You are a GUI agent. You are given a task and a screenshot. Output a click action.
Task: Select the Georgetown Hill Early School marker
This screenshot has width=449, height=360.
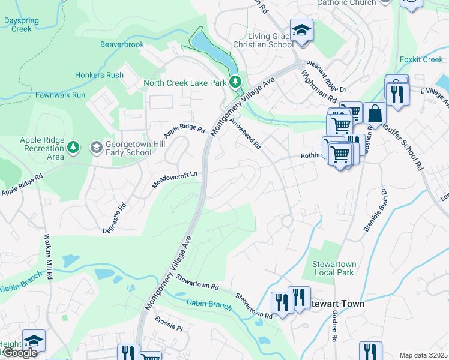point(96,147)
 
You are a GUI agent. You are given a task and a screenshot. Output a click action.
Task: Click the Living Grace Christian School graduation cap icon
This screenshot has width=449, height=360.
point(301,32)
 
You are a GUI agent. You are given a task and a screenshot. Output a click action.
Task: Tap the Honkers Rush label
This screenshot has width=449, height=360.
point(99,75)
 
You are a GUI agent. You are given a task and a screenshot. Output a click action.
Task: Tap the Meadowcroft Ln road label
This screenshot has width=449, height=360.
point(175,178)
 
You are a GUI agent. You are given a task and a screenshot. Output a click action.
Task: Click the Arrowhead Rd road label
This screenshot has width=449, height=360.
point(246,133)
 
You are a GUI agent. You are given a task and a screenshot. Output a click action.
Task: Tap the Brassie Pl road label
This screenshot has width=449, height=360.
point(168,325)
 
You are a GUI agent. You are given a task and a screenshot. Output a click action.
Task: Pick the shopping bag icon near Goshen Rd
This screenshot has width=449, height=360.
point(375,113)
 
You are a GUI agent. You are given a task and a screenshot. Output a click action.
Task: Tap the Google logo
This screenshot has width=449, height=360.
point(19,353)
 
